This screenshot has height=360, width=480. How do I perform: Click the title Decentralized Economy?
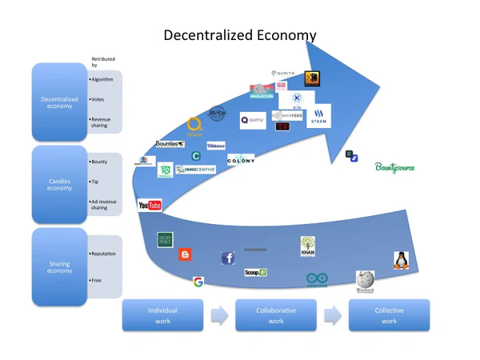click(x=239, y=35)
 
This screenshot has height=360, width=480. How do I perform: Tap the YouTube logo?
click(x=150, y=206)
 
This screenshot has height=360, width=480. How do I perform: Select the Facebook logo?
click(x=228, y=258)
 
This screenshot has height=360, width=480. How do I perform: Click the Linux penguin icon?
click(x=401, y=260)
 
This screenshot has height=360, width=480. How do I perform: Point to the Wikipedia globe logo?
click(x=365, y=281)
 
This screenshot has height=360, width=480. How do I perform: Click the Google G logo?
click(x=198, y=282)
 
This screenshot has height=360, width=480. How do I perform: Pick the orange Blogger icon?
click(x=186, y=254)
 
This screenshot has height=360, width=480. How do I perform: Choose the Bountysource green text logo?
click(x=395, y=167)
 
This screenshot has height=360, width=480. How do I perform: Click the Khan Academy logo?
click(x=308, y=246)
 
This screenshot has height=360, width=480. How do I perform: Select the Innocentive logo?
click(x=196, y=170)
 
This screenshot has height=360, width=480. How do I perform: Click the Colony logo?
click(x=241, y=161)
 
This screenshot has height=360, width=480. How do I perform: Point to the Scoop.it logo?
click(x=255, y=273)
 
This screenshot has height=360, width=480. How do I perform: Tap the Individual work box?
click(x=162, y=315)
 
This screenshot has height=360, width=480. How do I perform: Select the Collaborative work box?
click(x=275, y=315)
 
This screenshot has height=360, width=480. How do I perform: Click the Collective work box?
click(x=389, y=315)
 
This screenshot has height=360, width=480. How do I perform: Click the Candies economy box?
click(x=60, y=185)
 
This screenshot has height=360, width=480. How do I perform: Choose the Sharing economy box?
click(x=60, y=267)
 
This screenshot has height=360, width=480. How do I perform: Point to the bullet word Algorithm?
click(x=103, y=80)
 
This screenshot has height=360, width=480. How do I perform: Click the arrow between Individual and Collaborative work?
click(x=218, y=315)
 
